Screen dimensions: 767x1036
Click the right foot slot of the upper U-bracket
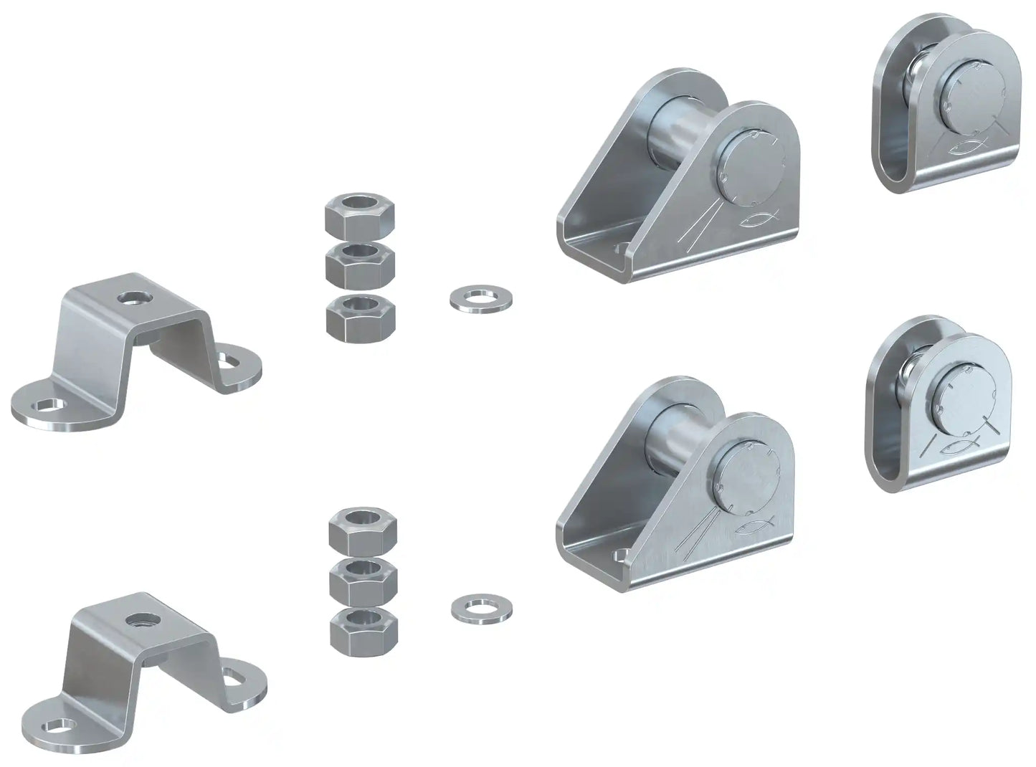pyautogui.click(x=231, y=355)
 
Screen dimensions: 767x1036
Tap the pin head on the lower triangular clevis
pyautogui.click(x=749, y=475)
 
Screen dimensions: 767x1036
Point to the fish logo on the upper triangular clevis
pyautogui.click(x=759, y=220)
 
